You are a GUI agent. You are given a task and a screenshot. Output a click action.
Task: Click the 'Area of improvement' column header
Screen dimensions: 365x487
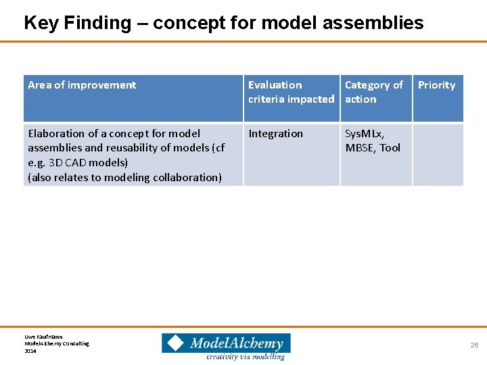[82, 85]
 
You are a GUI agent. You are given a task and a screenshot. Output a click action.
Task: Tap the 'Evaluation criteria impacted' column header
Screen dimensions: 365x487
[291, 92]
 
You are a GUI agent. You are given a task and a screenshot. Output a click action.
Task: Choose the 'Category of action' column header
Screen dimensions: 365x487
[373, 92]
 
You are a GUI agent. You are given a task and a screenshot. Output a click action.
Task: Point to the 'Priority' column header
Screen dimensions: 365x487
[436, 85]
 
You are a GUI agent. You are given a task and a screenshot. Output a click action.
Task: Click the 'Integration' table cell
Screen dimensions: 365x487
[275, 134]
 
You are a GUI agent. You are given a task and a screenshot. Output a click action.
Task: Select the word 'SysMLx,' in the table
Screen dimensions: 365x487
[365, 134]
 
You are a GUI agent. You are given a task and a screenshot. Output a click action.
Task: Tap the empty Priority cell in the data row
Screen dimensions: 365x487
[438, 154]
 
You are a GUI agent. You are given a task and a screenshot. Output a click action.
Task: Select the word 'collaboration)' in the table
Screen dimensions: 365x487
[187, 178]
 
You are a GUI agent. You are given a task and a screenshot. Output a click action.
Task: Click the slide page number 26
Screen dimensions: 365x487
[474, 345]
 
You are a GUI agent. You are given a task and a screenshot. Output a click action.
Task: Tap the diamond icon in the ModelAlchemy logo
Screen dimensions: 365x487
[175, 343]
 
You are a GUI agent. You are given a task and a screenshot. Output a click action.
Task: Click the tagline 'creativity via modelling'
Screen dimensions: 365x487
[246, 356]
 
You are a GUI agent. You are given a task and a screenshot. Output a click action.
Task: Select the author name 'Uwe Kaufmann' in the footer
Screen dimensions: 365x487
[43, 336]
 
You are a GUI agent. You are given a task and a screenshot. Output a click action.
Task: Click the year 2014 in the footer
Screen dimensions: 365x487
[30, 351]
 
